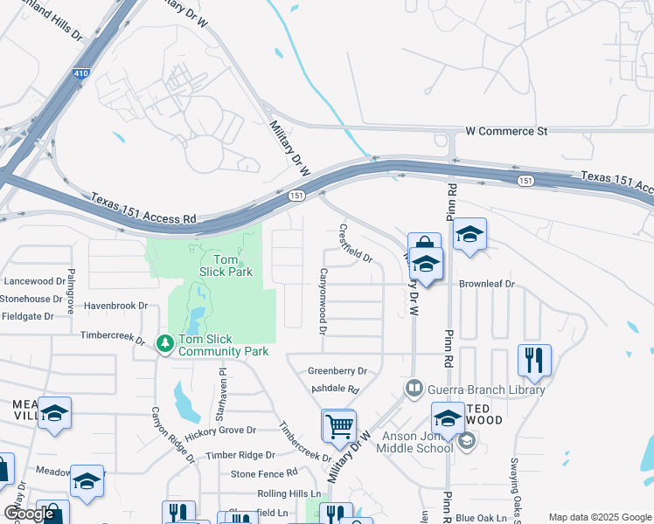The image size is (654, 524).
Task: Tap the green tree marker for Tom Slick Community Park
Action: [x=164, y=344]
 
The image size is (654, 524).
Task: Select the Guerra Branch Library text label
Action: [x=485, y=390]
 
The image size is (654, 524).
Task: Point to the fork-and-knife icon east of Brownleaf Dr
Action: [x=533, y=360]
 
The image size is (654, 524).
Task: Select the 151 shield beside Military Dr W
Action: [x=297, y=196]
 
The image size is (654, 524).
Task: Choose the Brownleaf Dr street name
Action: [x=488, y=285]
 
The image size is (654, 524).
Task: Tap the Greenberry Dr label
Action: [x=337, y=371]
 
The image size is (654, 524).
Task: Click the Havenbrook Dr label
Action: [x=116, y=306]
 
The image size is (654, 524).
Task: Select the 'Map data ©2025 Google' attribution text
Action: [x=600, y=517]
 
